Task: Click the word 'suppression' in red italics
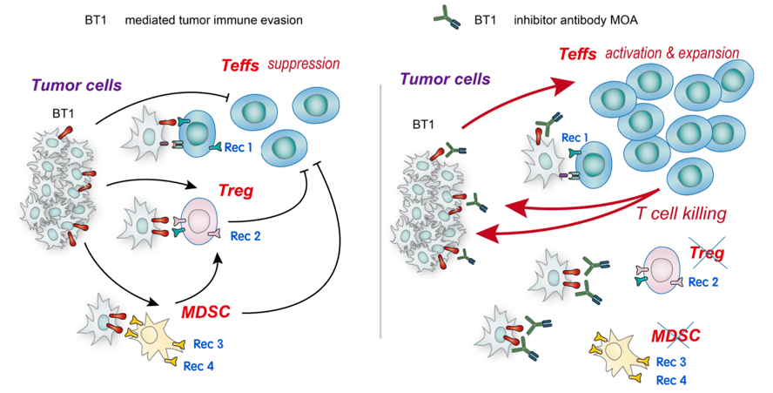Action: [304, 64]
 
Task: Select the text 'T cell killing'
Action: [682, 213]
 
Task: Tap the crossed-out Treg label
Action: [707, 254]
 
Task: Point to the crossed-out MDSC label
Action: [676, 335]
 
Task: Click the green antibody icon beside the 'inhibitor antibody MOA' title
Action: [447, 19]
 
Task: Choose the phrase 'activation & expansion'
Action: [672, 53]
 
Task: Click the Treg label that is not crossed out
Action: [236, 191]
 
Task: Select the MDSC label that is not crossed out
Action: [205, 313]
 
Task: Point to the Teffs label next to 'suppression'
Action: [240, 65]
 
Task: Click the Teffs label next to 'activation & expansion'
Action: [578, 54]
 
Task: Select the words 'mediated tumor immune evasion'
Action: [214, 20]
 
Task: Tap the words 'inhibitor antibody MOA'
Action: [575, 20]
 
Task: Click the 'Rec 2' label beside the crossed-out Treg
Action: [703, 282]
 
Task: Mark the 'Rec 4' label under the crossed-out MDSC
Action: [671, 381]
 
